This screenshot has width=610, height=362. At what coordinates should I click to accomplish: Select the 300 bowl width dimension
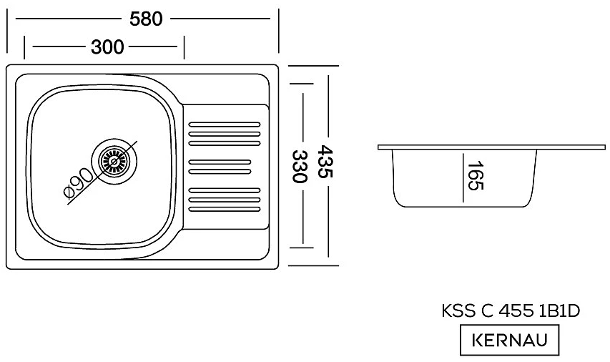tap(107, 48)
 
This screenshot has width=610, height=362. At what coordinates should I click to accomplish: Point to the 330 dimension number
tap(301, 166)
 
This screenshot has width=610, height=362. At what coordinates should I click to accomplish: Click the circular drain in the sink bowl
tap(112, 160)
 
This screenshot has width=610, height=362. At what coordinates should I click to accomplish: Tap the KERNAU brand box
tap(508, 340)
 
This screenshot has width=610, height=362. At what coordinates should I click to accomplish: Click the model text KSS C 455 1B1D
tap(508, 313)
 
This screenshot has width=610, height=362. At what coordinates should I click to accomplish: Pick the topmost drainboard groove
tap(224, 124)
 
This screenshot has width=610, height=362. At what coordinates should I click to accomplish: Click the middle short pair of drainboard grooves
tap(220, 167)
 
